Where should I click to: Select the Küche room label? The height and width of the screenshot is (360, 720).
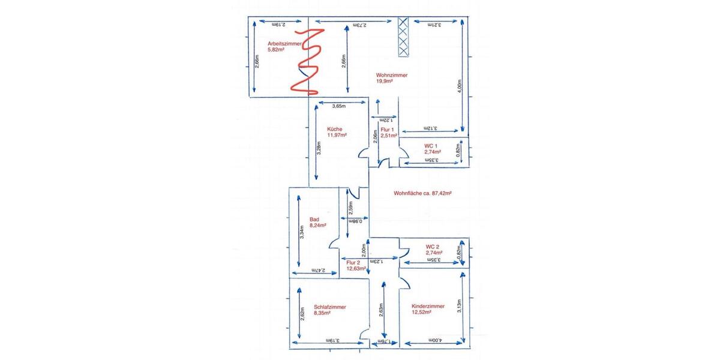pyautogui.click(x=335, y=129)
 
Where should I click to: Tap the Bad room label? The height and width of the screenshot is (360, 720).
pyautogui.click(x=315, y=219)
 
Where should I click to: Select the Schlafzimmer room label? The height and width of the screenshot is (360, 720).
pyautogui.click(x=329, y=306)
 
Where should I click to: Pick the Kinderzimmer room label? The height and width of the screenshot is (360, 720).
pyautogui.click(x=428, y=306)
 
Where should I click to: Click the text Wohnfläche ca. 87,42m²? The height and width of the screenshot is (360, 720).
pyautogui.click(x=422, y=194)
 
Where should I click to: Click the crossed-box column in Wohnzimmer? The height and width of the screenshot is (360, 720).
pyautogui.click(x=404, y=37)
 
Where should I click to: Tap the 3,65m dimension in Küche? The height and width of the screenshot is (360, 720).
pyautogui.click(x=339, y=106)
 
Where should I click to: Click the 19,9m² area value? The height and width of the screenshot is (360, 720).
pyautogui.click(x=384, y=81)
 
